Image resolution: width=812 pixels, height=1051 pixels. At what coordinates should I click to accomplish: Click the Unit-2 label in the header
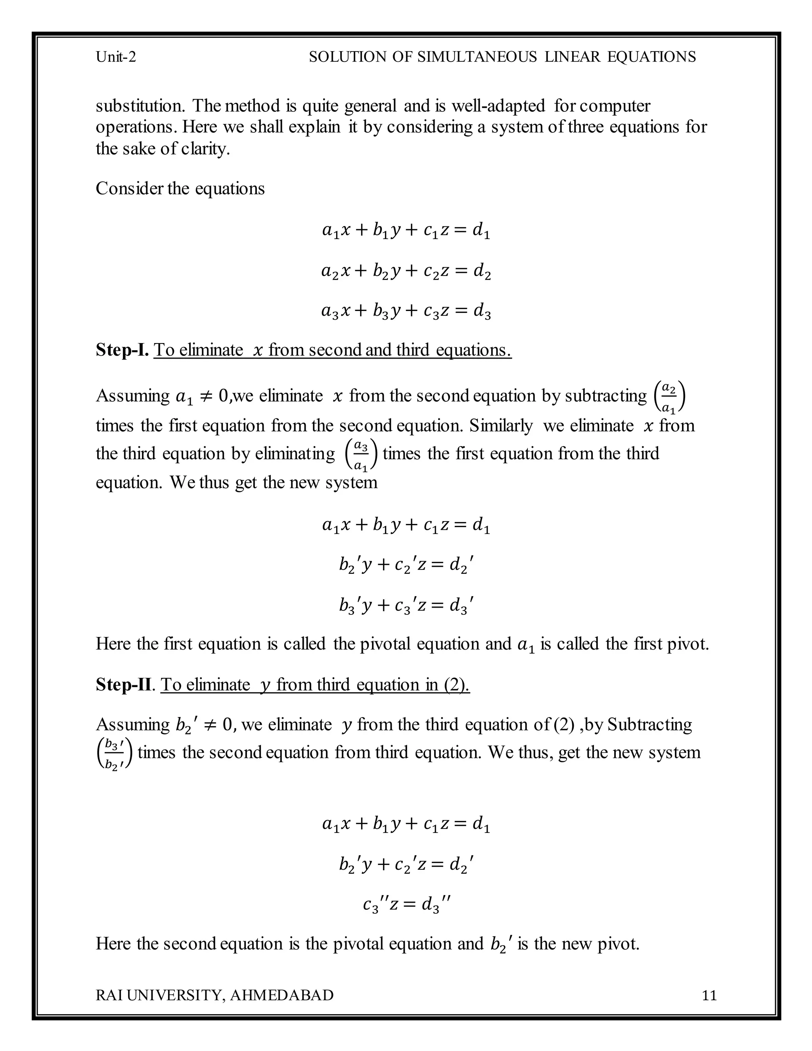point(116,57)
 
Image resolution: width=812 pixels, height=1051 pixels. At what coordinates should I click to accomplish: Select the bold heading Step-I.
point(122,349)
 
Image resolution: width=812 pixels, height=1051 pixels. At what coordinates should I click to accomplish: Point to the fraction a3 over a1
point(361,454)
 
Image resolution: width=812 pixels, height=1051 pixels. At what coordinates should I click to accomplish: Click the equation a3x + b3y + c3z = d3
point(406,311)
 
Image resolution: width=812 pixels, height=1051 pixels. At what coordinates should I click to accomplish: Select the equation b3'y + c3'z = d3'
point(406,605)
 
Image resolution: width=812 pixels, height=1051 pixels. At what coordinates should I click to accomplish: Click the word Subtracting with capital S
point(649,724)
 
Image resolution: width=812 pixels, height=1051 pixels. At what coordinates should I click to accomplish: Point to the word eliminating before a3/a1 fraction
point(295,453)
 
